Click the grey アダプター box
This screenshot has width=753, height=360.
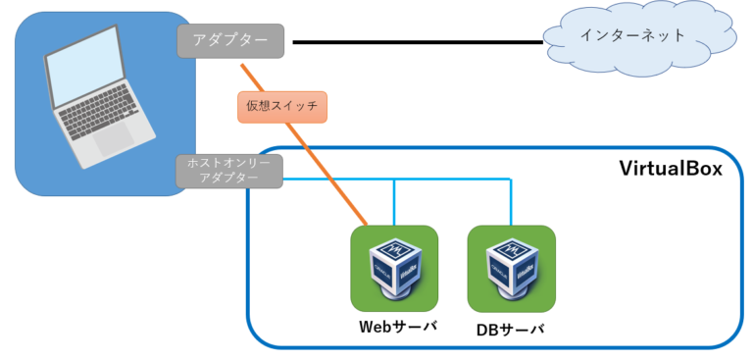tap(230, 41)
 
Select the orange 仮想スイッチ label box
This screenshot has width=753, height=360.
tap(281, 107)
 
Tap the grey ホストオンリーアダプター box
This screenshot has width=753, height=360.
tap(229, 171)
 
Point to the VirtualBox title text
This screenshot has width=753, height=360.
tap(671, 168)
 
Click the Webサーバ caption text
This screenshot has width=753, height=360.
tap(395, 326)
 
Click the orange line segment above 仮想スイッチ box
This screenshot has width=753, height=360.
tap(256, 78)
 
